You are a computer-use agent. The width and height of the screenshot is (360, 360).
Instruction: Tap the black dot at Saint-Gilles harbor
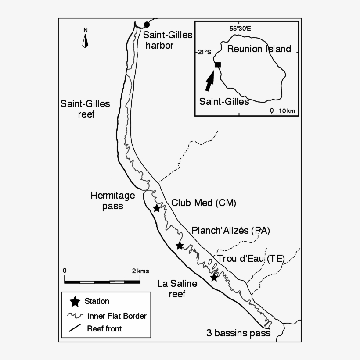coord(147,24)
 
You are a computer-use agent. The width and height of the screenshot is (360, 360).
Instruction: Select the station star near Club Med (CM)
coord(156,208)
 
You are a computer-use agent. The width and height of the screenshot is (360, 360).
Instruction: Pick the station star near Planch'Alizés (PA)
coord(179,246)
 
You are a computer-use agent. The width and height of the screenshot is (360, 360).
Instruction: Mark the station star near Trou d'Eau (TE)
coord(214,277)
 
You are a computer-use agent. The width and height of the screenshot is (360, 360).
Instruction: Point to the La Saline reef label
coord(177,289)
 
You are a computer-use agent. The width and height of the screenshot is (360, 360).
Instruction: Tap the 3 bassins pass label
coord(238,333)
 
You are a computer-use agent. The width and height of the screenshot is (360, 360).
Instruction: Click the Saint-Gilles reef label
coord(85,109)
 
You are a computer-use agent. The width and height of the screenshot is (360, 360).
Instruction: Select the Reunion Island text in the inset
coord(259,49)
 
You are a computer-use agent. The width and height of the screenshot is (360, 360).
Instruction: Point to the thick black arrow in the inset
coord(210,81)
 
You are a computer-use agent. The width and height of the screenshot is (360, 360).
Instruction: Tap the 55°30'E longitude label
coord(240,29)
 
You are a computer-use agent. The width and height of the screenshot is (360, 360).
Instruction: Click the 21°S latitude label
coord(204,52)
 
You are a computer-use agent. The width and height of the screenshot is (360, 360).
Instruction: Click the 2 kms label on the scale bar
coord(140,271)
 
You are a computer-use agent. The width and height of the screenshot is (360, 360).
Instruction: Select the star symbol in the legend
coord(75,302)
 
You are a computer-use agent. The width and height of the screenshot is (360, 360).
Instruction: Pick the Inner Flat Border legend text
coord(117,316)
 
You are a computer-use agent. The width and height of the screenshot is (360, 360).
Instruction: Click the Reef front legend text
coord(104,328)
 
